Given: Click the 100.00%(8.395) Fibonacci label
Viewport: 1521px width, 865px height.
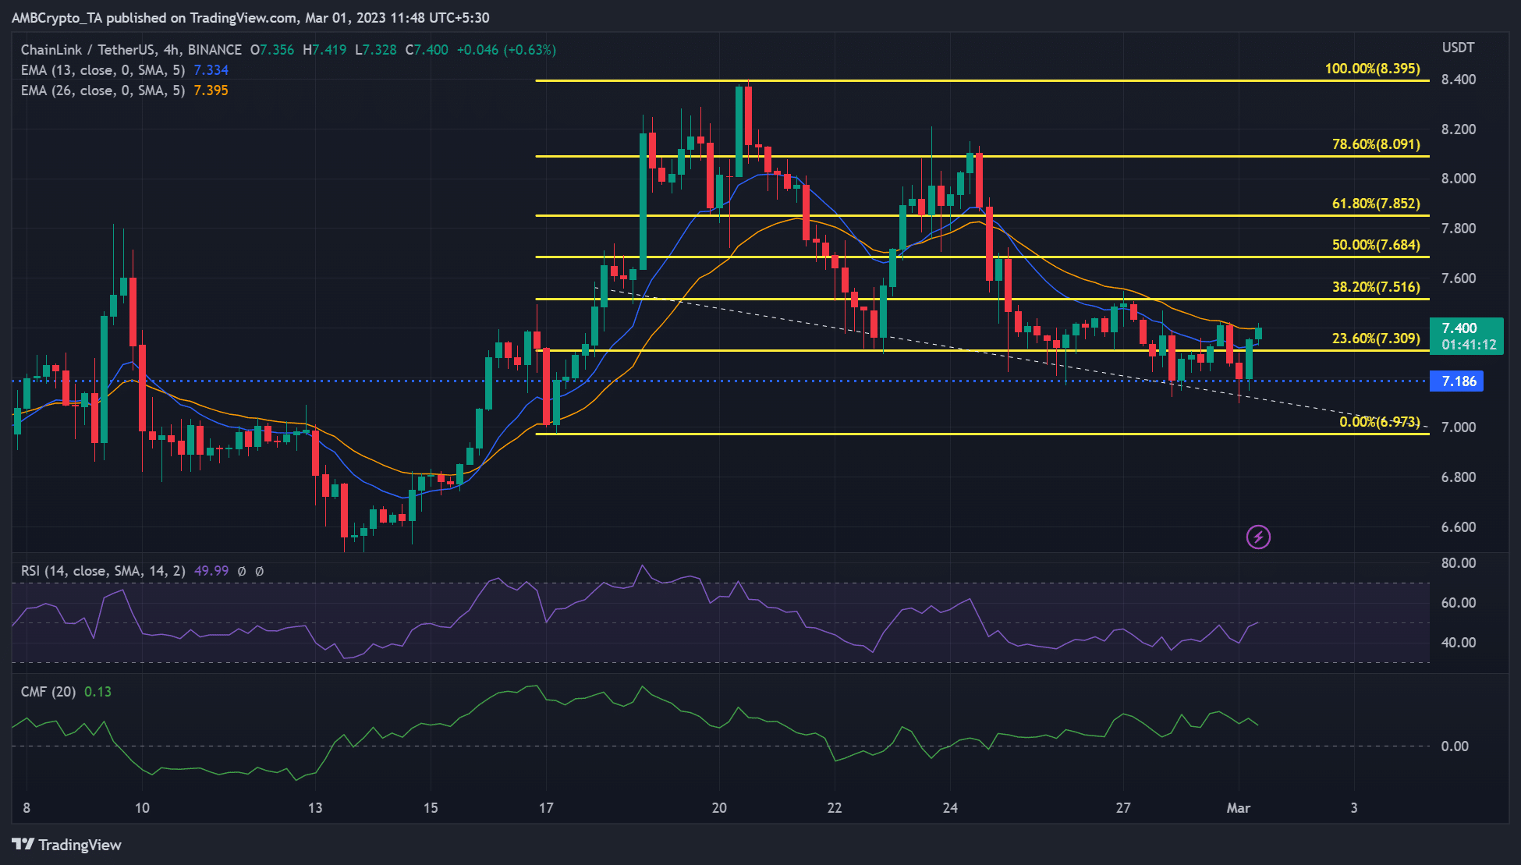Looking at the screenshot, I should pos(1372,69).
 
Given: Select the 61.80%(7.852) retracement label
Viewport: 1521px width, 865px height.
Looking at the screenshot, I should pos(1375,204).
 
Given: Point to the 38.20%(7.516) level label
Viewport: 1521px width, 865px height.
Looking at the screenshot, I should pos(1375,287).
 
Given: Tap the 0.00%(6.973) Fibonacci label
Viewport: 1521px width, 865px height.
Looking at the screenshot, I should pos(1379,422).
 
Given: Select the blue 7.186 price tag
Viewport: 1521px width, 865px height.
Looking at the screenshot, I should pos(1457,381).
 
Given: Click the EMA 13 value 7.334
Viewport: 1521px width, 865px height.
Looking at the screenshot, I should pos(211,70).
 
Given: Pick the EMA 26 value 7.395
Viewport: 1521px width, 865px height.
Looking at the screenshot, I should pos(211,90).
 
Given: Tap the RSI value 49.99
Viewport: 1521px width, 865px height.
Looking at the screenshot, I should pos(211,571).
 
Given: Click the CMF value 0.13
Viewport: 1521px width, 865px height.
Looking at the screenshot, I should pos(97,692).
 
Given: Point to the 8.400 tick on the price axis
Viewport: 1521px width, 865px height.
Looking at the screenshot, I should pos(1458,80).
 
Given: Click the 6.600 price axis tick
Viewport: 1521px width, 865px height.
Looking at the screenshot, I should pos(1458,527).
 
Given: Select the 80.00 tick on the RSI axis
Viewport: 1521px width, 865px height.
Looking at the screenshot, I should pos(1458,563).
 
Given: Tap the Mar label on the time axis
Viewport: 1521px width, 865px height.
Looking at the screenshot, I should pos(1238,808).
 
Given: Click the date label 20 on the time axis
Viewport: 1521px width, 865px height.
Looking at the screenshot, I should pos(719,808).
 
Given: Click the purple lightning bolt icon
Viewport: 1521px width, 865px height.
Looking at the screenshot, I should pos(1257,537).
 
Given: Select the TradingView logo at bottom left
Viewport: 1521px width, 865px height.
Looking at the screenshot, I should pos(67,845).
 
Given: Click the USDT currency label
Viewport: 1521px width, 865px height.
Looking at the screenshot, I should pos(1458,48).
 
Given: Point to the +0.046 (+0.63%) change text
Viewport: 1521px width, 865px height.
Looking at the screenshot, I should pos(505,50).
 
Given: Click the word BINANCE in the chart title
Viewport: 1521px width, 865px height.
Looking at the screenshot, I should pos(214,50).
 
